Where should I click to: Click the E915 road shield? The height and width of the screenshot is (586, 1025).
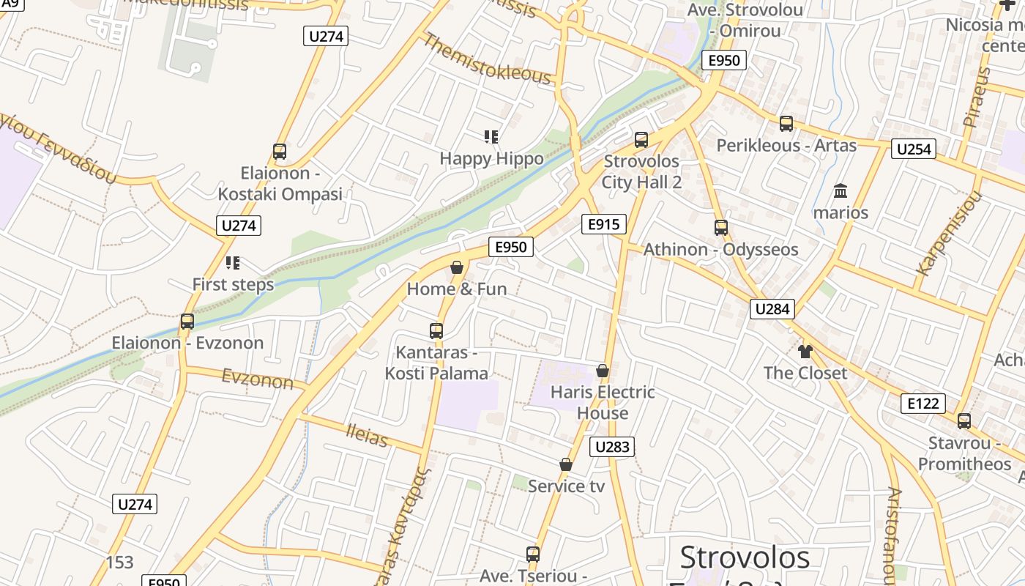604,225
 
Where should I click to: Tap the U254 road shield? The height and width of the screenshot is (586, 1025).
914,149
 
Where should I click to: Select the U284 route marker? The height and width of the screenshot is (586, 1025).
772,309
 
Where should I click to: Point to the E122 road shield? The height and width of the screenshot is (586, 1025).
923,403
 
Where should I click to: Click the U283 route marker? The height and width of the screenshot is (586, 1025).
611,447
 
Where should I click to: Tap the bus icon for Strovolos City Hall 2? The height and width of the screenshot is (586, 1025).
641,140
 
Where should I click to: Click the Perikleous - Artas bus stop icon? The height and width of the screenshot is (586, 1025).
786,124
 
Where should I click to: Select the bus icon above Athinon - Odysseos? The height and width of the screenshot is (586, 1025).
721,228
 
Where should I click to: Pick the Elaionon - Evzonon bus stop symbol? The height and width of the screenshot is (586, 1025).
187,322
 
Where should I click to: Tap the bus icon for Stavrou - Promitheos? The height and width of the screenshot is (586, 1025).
964,421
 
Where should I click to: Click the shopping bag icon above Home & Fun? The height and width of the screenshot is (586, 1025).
457,267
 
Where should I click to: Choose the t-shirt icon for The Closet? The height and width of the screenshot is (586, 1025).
805,352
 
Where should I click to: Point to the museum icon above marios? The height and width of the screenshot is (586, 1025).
840,191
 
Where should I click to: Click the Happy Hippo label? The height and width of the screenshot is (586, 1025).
491,158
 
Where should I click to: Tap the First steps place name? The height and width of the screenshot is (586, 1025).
233,284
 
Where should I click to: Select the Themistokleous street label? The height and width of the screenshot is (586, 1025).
487,59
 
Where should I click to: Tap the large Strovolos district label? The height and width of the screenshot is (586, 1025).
745,557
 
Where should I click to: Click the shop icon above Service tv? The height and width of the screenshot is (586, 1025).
566,464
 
